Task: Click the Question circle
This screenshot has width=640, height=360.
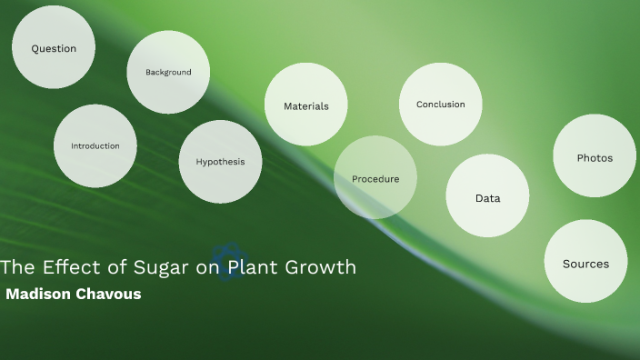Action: point(54,48)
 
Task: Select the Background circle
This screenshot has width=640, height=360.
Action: point(168,72)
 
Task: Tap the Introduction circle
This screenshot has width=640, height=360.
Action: point(95,145)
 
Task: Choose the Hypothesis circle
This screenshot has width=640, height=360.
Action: point(221,162)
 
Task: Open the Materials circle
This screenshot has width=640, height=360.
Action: point(306,105)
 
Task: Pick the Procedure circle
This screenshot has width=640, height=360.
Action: point(375,178)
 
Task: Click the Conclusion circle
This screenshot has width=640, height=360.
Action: point(441,105)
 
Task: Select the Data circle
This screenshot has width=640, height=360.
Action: point(487,197)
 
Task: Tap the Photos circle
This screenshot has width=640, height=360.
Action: point(595,156)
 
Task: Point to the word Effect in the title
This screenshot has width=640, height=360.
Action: point(64,267)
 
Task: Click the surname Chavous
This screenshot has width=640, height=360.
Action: point(110,295)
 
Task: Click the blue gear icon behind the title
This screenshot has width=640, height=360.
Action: point(229,262)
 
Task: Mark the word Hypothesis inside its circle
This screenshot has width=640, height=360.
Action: point(221,162)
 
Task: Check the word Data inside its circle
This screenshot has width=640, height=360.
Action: point(487,197)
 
